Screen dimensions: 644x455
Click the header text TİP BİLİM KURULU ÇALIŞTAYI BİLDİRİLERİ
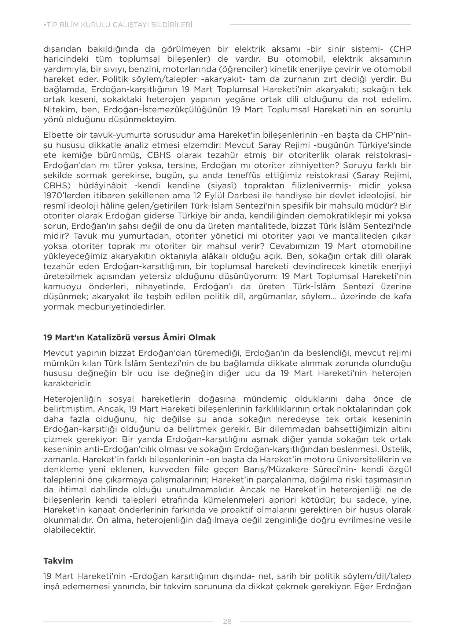[118, 25]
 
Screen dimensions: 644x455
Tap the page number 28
[227, 621]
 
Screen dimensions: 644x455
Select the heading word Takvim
[58, 561]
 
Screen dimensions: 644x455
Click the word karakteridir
[67, 383]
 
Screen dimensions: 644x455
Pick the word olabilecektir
[69, 530]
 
